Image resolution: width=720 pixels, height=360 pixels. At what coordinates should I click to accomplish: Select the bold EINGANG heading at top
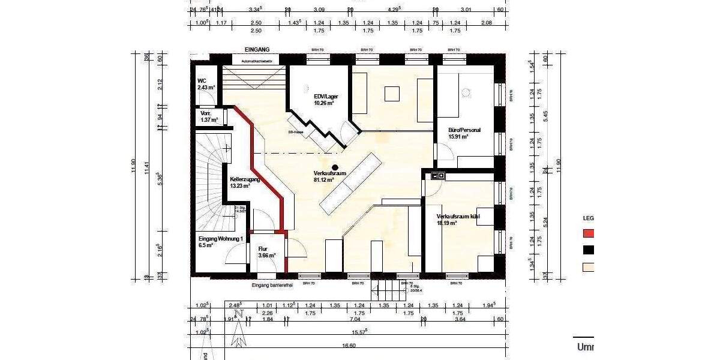[x=257, y=49]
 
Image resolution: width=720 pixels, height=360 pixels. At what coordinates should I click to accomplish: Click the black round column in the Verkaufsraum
[x=335, y=167]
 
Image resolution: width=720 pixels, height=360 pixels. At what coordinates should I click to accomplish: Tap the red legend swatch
[x=589, y=234]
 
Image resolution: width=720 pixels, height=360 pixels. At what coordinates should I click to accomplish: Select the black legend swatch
[x=589, y=251]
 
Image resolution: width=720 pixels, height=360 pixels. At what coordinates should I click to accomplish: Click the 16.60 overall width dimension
[x=348, y=346]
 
